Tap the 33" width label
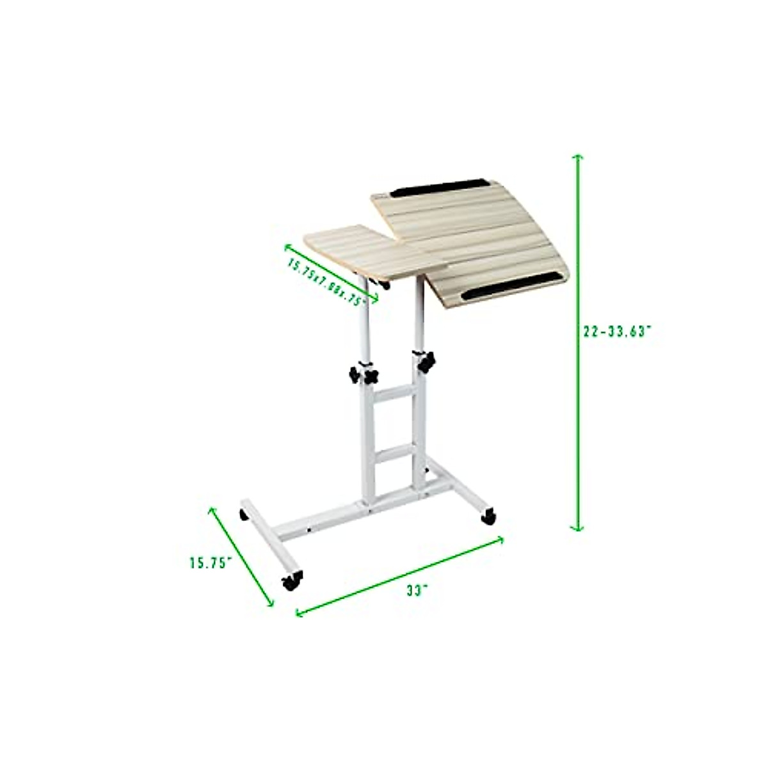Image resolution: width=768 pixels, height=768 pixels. coord(416,591)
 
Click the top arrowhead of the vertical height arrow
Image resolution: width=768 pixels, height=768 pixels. coord(577,157)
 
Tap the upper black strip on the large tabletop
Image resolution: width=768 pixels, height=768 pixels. coord(439,188)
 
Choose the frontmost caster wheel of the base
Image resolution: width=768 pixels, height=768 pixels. coord(291,581)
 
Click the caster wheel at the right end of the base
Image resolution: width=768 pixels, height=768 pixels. coord(488,516)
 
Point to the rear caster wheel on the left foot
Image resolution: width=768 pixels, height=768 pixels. coord(244,514)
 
